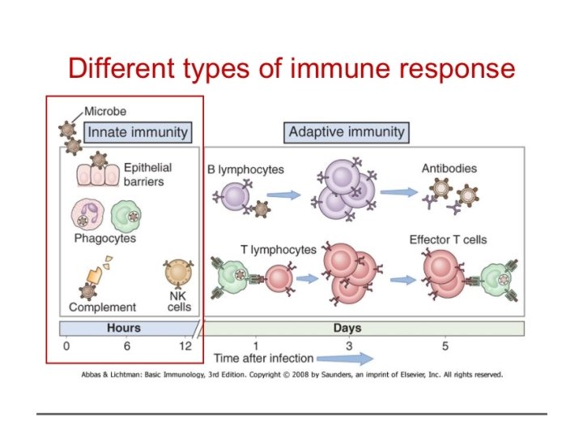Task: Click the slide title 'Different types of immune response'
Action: [x=291, y=68]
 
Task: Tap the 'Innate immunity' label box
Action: [x=138, y=131]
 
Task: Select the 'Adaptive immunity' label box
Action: [x=347, y=131]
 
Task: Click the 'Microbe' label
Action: [x=105, y=111]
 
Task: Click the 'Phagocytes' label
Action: [x=105, y=238]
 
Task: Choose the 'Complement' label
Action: [x=103, y=307]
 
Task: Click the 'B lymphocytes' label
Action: [x=244, y=169]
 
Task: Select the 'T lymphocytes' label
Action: [x=277, y=250]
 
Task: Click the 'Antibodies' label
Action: [x=449, y=169]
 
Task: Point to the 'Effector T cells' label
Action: [x=448, y=239]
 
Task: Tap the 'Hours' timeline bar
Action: [x=124, y=328]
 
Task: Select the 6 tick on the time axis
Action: [x=126, y=345]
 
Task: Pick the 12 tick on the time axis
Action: [x=185, y=345]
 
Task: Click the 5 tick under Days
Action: [x=445, y=345]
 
